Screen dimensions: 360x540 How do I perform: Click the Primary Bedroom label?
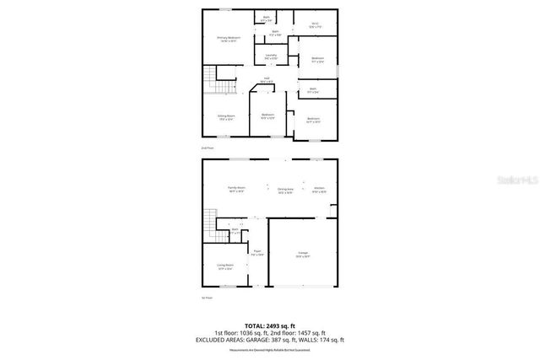coord(229,38)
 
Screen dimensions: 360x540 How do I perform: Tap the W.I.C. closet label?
coord(315,26)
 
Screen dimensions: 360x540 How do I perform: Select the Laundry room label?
coord(271,56)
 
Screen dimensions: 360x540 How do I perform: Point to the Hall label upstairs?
coord(267,80)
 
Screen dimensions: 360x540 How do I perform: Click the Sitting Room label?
coord(226,117)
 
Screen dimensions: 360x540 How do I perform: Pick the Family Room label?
coord(236,189)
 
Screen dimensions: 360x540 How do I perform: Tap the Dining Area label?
coord(285,191)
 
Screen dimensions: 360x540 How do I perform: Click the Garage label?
coord(302,254)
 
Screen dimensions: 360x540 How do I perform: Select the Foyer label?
coord(257,252)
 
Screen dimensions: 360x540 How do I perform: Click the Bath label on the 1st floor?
coord(236,231)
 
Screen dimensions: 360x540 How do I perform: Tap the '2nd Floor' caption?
coord(208,148)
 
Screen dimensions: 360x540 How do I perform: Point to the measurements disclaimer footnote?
coord(270,348)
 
